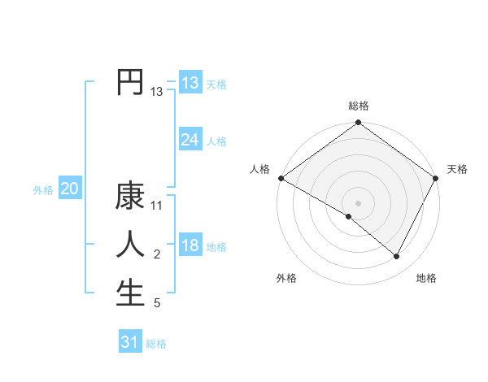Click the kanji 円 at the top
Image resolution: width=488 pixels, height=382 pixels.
click(130, 82)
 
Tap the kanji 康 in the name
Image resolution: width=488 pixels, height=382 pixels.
click(130, 197)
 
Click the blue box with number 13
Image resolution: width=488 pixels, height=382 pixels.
click(190, 82)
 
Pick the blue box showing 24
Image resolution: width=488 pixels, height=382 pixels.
click(190, 140)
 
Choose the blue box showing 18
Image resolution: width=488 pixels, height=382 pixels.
click(190, 245)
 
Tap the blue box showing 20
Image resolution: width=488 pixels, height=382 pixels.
click(70, 189)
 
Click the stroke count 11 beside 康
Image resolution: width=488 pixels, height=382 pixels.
click(157, 206)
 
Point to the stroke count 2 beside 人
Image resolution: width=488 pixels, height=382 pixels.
click(157, 255)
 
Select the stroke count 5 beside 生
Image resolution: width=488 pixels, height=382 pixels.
click(157, 304)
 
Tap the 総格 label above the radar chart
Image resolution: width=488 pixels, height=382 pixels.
click(359, 106)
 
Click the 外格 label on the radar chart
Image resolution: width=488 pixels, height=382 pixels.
click(286, 278)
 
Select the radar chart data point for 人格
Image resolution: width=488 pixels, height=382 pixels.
click(281, 178)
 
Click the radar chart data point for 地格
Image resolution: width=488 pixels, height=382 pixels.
click(397, 257)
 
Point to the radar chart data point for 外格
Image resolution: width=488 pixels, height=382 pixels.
click(349, 216)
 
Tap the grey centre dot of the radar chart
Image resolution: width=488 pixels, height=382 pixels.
click(359, 203)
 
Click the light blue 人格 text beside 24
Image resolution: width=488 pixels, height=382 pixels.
click(216, 141)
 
